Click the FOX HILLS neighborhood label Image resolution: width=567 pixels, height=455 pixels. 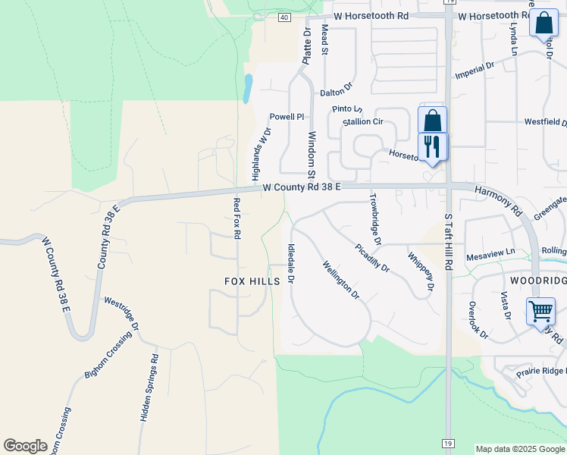[252, 281]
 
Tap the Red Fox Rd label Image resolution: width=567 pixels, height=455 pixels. [237, 218]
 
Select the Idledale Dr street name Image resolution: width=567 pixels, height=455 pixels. [291, 263]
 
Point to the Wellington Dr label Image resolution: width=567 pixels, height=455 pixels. [340, 280]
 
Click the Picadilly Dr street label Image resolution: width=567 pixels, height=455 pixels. [372, 257]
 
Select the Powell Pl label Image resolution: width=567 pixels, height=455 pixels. [287, 117]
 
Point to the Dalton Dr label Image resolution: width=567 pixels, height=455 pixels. [337, 93]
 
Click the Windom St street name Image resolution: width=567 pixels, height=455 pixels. [311, 155]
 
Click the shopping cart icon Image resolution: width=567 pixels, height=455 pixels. [540, 311]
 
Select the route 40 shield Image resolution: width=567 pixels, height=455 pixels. [283, 17]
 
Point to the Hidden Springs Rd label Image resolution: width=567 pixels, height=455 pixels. [149, 388]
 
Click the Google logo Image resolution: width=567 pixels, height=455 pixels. [25, 446]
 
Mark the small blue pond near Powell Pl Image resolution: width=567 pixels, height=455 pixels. [247, 88]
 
